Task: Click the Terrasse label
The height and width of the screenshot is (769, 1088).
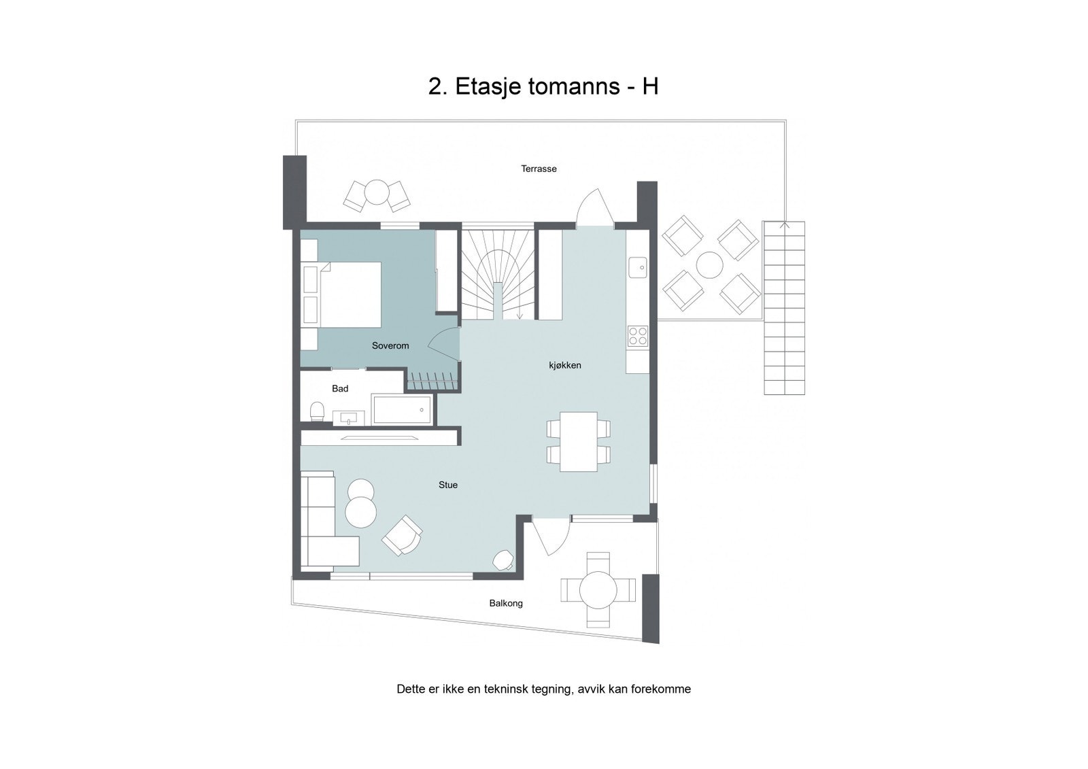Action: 539,169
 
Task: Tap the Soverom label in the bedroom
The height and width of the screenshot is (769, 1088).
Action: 390,345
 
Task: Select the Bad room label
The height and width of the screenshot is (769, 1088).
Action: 340,388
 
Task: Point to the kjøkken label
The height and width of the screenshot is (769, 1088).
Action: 565,365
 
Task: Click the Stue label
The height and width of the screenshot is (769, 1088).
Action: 447,485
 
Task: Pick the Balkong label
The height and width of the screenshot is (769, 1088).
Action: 506,603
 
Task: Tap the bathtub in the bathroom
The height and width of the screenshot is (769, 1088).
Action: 402,410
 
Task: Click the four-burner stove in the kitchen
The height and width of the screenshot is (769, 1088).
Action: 637,335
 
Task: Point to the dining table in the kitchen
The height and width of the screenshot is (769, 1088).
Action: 579,441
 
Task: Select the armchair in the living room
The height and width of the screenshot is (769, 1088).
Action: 402,534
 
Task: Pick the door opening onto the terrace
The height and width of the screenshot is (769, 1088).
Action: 595,208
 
